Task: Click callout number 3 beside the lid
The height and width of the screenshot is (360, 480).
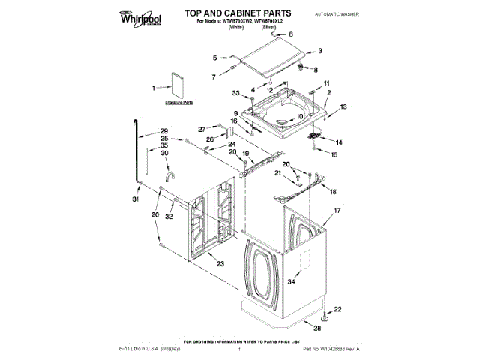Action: [x=320, y=51]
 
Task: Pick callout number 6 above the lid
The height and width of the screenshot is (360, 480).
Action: [x=291, y=34]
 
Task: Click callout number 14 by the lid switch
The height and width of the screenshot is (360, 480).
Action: [x=339, y=141]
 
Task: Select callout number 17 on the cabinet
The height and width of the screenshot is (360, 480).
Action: [x=337, y=211]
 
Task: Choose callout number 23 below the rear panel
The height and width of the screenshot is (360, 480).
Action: [x=220, y=262]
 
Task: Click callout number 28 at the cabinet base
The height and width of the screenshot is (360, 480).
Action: [x=317, y=328]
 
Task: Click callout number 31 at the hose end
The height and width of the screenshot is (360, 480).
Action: [x=136, y=199]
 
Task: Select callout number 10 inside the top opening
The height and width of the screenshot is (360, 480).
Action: [x=298, y=116]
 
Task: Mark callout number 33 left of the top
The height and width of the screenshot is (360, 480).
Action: [x=235, y=93]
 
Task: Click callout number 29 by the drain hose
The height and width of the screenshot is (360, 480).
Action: [x=164, y=132]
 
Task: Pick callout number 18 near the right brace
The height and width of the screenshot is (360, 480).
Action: [x=334, y=192]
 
